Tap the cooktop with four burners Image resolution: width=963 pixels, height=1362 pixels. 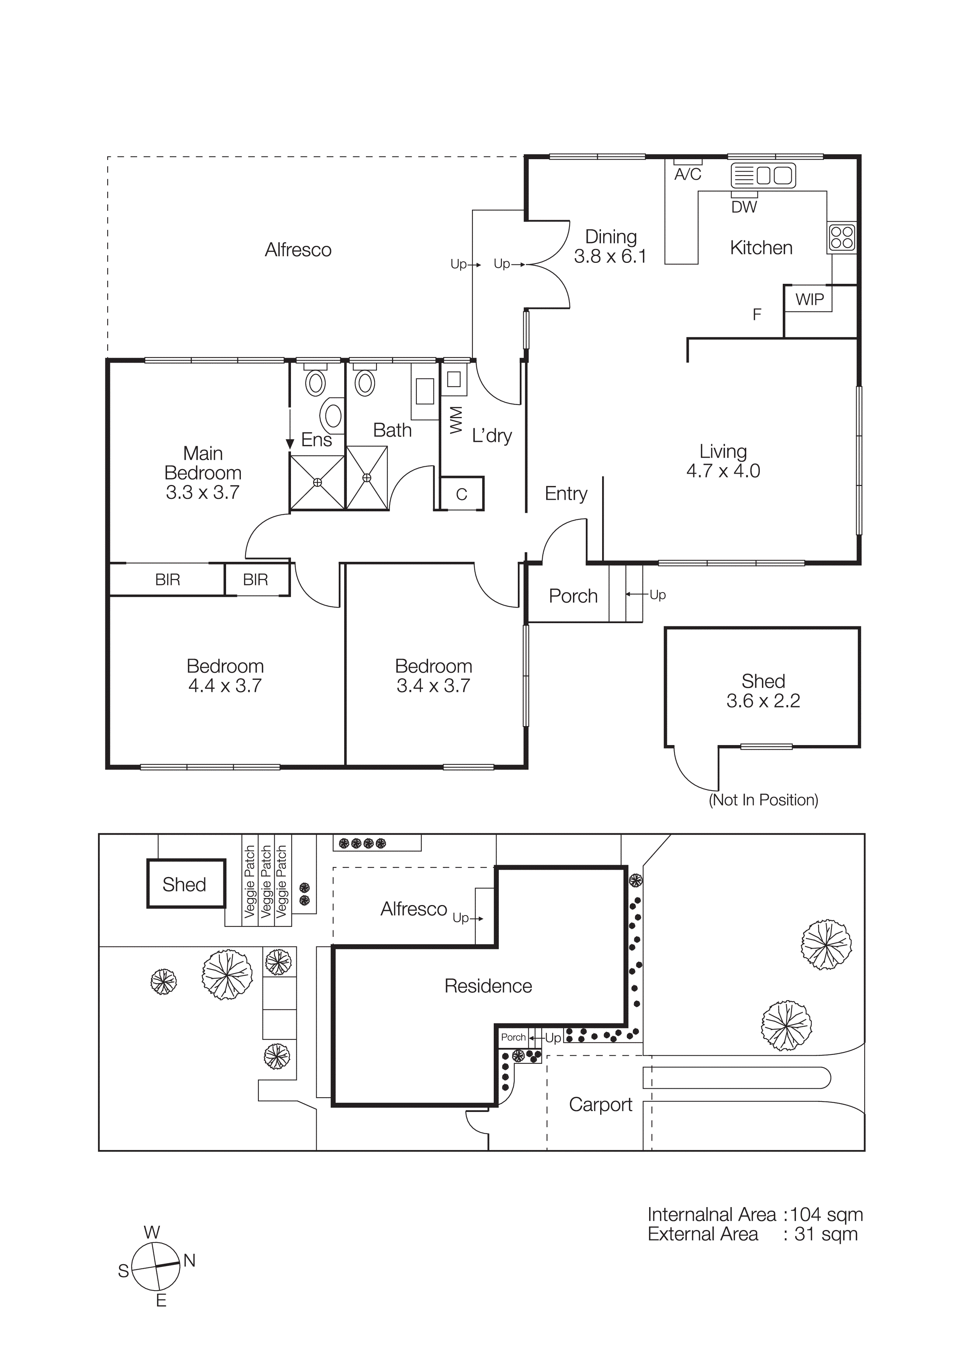pos(842,237)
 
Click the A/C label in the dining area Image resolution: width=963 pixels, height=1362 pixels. pos(688,174)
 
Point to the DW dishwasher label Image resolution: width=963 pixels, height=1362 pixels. pos(744,207)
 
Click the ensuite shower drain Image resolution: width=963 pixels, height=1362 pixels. pos(317,482)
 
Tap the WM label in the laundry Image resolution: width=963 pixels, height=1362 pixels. pos(456,420)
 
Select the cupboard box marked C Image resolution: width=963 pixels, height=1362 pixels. pos(461,493)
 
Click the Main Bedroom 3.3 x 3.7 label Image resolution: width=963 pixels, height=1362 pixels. pos(203,473)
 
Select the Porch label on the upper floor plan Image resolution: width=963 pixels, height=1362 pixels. pos(573,596)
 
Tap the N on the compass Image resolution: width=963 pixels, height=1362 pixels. pos(189,1261)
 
